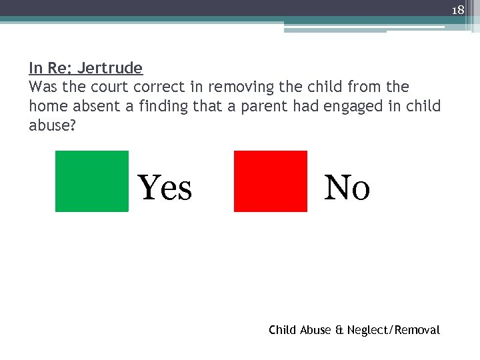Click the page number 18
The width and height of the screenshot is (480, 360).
457,10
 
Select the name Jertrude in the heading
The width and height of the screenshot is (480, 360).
110,68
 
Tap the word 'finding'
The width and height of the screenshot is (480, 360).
163,106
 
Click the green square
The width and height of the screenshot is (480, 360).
91,181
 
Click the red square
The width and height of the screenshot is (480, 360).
270,181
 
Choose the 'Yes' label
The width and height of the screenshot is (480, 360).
165,187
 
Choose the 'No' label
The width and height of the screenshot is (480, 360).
347,187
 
